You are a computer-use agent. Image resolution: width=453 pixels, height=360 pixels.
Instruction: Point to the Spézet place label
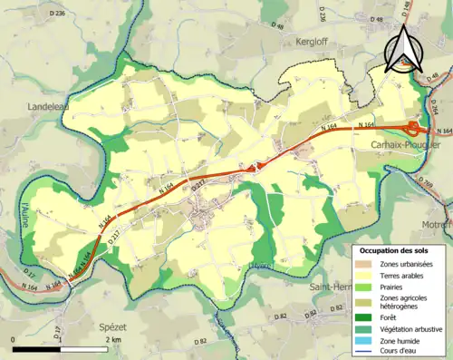click(x=107, y=327)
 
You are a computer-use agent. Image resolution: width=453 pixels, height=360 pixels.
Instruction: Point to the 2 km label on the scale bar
click(x=113, y=339)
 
